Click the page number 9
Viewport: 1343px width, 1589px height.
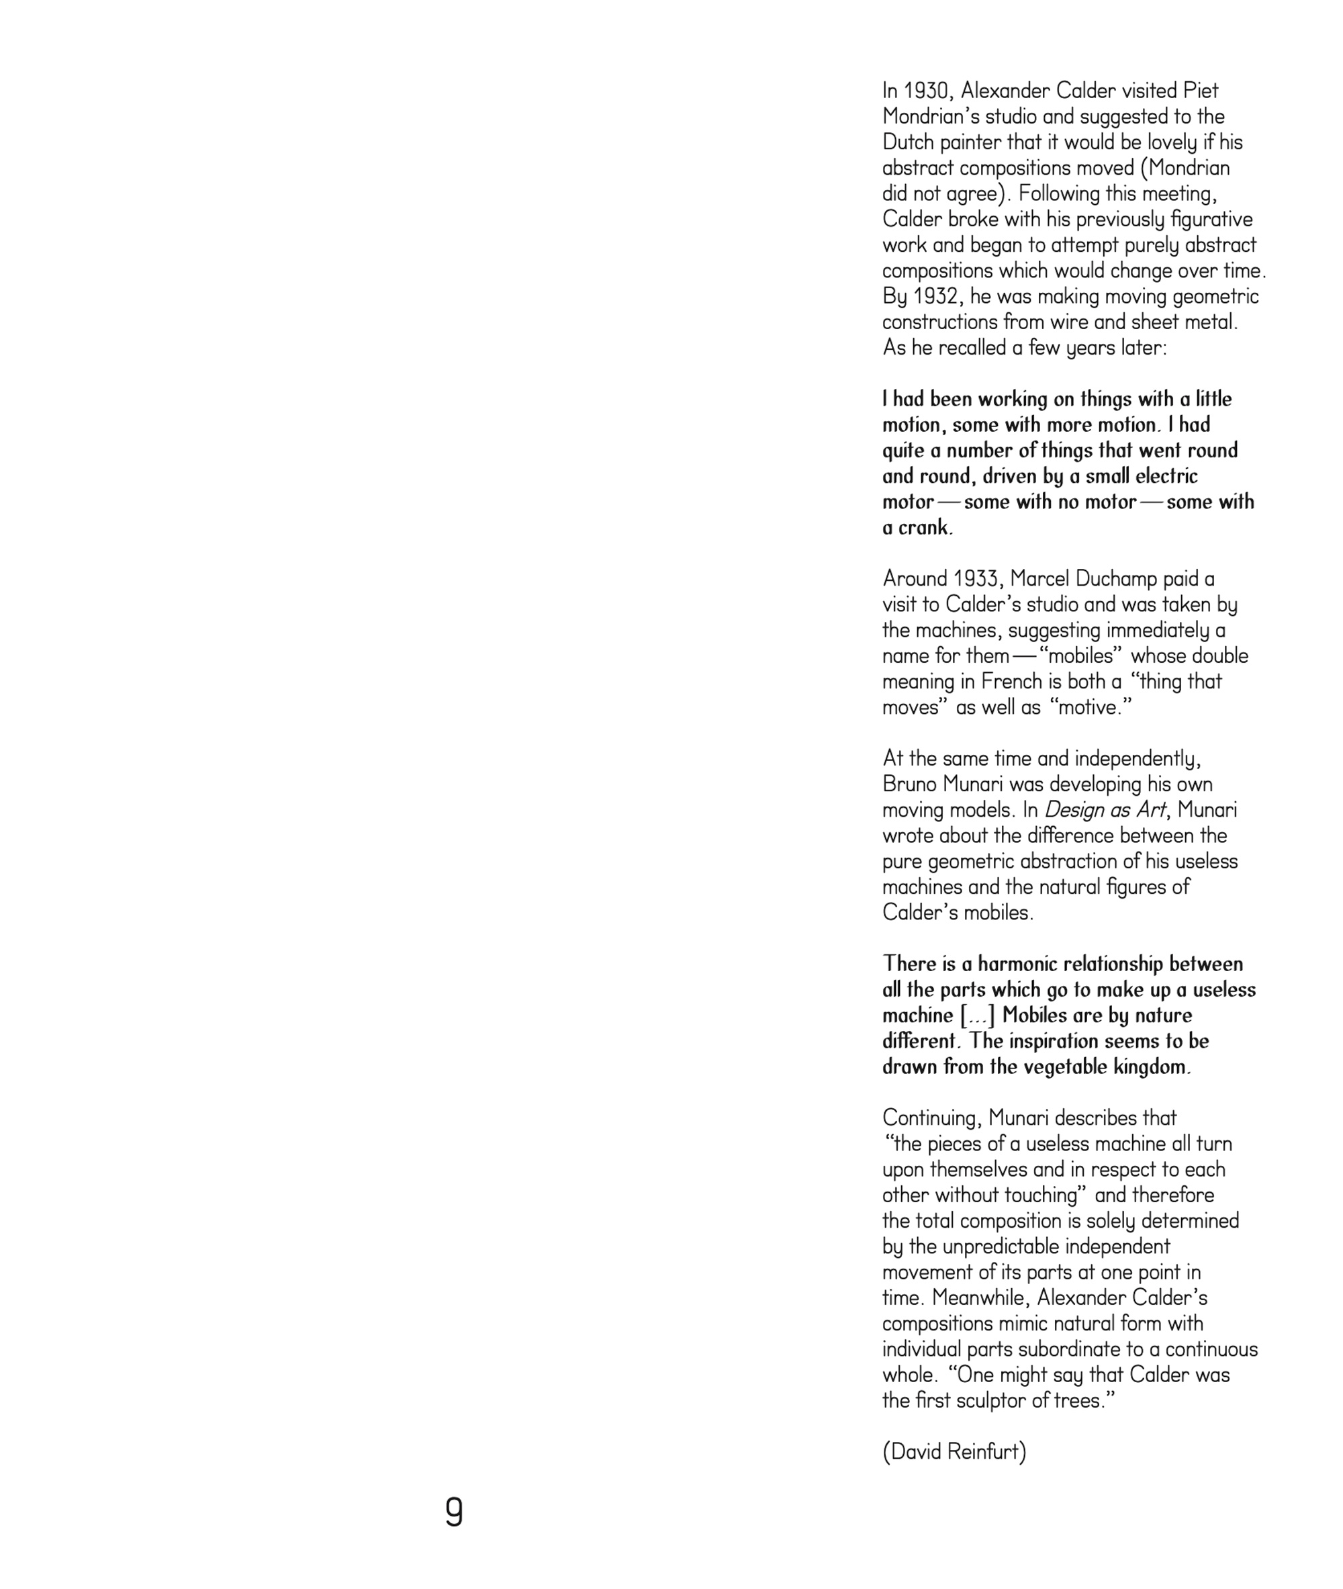tap(454, 1511)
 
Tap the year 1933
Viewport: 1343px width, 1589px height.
tap(977, 579)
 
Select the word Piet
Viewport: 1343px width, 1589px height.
tap(1200, 91)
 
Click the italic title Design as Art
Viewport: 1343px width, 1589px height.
tap(1105, 810)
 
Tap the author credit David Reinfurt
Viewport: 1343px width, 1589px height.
tap(954, 1452)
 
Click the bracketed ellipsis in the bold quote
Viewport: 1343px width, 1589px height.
tap(978, 1015)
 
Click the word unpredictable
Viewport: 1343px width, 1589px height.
tap(1001, 1247)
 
